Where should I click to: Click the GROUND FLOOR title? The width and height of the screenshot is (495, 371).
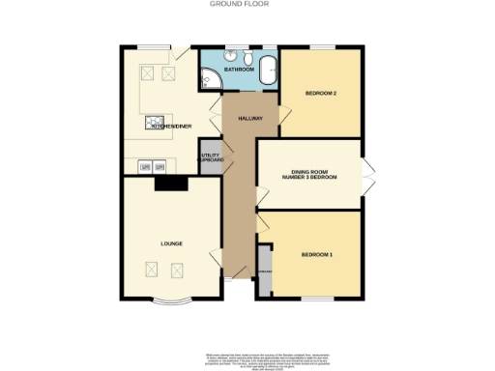coord(240,4)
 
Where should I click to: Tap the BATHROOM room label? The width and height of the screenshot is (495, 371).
coord(238,71)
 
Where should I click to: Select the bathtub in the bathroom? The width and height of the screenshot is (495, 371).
coord(268,71)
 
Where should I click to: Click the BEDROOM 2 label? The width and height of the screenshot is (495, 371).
coord(320,94)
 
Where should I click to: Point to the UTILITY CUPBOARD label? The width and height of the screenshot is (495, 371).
coord(211,159)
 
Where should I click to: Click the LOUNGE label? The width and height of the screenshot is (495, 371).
coord(171,243)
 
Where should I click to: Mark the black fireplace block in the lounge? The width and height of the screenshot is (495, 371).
coord(170,185)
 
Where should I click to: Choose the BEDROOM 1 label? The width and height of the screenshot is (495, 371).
coord(316,254)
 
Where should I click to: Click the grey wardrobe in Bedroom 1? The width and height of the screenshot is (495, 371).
coord(264,272)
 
